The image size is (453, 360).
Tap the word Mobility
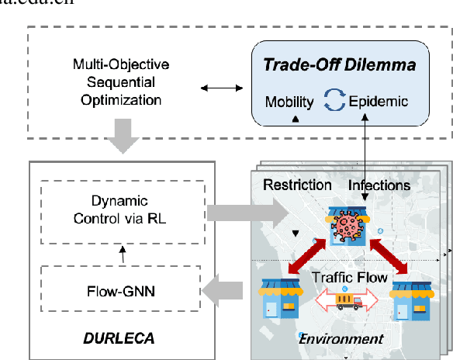[x=289, y=102]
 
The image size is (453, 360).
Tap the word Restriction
[x=296, y=186]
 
